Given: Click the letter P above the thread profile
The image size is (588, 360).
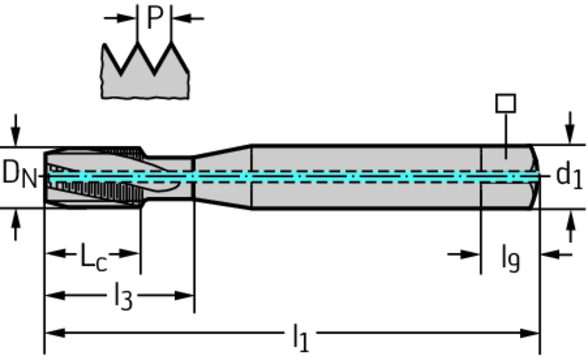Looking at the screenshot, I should pos(154,18).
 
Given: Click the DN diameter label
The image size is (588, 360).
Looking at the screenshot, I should pos(19,173).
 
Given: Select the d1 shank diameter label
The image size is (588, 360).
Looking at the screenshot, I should pos(569,175).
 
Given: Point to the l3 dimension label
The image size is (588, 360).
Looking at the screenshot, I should pos(122,297).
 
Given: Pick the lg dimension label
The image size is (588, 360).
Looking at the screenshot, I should pos(510,257).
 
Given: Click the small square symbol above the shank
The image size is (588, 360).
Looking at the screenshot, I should pos(505,103).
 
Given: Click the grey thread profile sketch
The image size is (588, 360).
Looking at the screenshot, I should pos(145,80).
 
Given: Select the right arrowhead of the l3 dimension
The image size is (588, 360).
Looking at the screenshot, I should pos(186,296).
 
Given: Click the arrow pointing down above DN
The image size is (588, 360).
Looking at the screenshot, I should pos(16,132).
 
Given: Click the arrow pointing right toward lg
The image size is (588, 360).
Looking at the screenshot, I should pos(468,254).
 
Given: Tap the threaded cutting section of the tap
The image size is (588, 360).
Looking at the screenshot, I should pos(95,178).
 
